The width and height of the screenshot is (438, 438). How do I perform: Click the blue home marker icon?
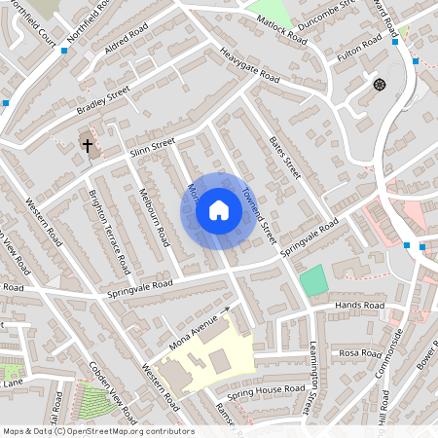(219, 210)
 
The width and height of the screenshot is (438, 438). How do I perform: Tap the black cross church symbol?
(88, 146)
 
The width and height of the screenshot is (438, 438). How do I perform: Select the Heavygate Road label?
(249, 65)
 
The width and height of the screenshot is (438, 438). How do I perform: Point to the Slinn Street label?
(152, 150)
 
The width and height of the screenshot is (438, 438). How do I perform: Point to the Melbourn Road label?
(154, 216)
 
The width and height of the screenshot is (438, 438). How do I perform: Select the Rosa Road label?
(360, 352)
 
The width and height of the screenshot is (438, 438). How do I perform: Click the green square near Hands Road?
(312, 280)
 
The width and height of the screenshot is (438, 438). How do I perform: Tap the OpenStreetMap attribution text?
(97, 431)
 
